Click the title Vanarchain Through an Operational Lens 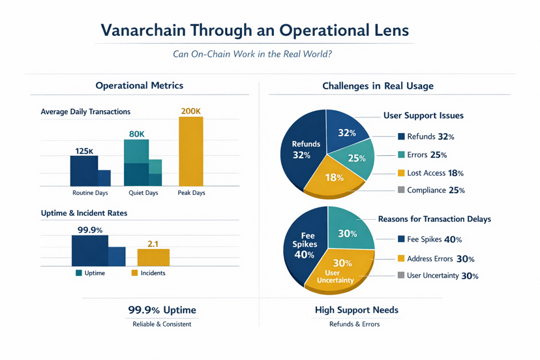coord(256,31)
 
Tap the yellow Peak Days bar coord(190,152)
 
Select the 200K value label coord(190,112)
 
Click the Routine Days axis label coord(89,193)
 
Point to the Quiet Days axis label coord(142,193)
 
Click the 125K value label coord(84,151)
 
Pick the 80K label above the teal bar coord(137,134)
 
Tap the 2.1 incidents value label coord(153,244)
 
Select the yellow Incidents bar coord(153,257)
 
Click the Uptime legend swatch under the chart coord(79,273)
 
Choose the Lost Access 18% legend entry coord(430,173)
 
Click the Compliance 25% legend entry coord(430,190)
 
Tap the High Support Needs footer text coord(356,310)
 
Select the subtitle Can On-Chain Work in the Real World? coord(252,54)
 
